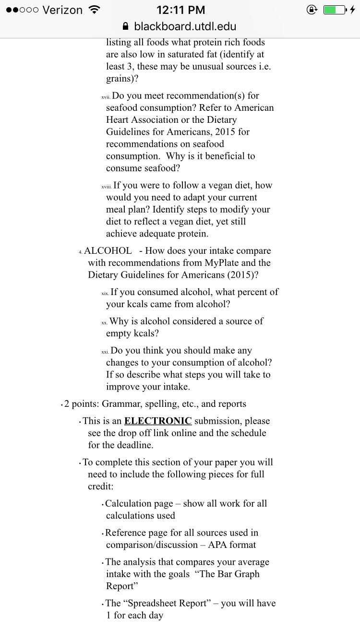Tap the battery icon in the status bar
point(335,10)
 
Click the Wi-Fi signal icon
point(95,10)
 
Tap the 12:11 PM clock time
point(180,10)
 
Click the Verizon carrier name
point(62,10)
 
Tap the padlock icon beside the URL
point(126,26)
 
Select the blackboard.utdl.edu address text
point(185,26)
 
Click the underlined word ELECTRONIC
point(158,421)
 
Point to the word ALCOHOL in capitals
point(108,251)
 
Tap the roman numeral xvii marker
point(106,96)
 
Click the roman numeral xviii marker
point(107,186)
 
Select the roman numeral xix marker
point(105,293)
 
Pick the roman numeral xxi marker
point(105,352)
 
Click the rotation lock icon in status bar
point(312,10)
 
